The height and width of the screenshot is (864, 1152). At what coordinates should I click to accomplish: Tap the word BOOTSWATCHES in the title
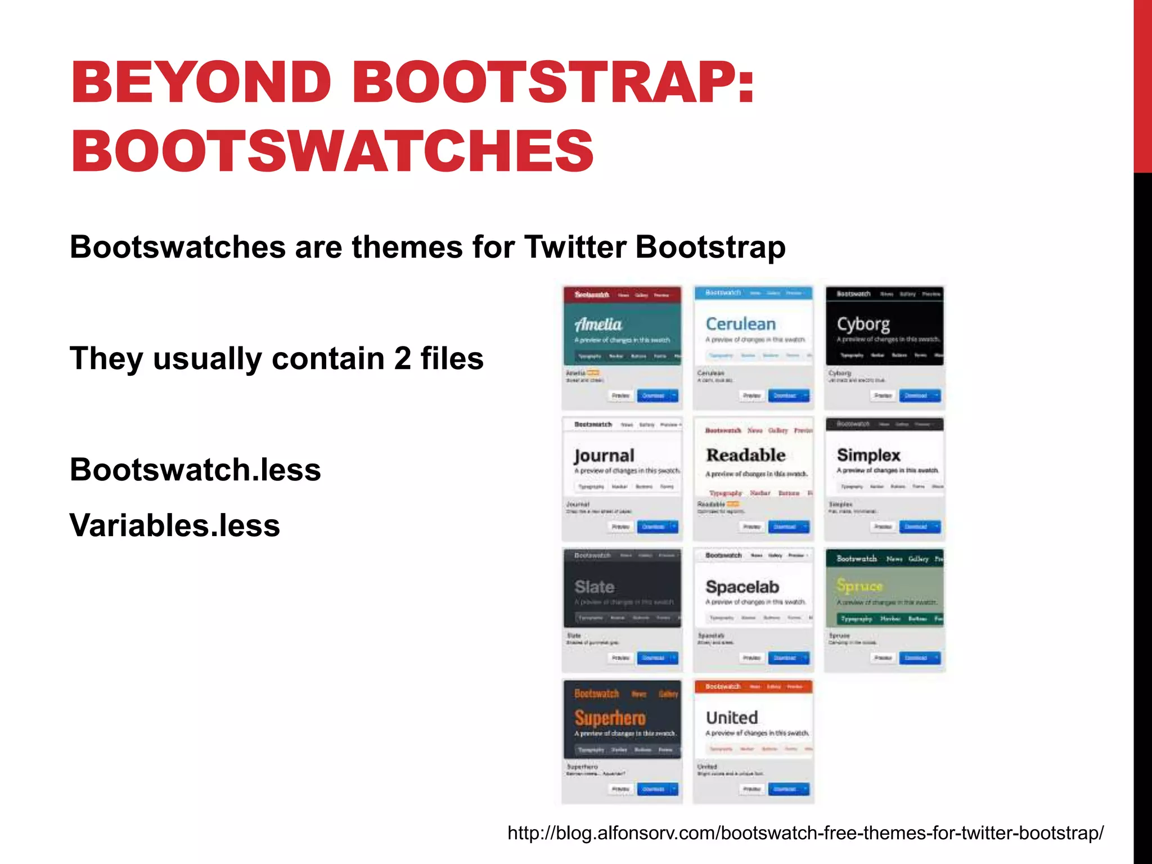pyautogui.click(x=332, y=150)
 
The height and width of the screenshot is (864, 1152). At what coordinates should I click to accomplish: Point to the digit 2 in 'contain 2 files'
pyautogui.click(x=402, y=358)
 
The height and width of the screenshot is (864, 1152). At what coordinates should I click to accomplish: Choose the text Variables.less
pyautogui.click(x=174, y=525)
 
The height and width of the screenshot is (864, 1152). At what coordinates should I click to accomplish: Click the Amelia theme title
pyautogui.click(x=598, y=325)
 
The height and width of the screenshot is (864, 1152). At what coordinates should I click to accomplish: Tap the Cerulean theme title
pyautogui.click(x=740, y=324)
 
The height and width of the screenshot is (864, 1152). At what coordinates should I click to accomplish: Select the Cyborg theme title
pyautogui.click(x=863, y=325)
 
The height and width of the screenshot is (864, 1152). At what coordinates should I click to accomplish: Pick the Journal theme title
pyautogui.click(x=604, y=456)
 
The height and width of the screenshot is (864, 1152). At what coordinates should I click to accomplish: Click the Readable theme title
pyautogui.click(x=746, y=454)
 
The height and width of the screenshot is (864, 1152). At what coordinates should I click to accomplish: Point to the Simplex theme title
pyautogui.click(x=868, y=455)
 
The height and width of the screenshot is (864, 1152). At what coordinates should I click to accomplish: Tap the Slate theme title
pyautogui.click(x=595, y=587)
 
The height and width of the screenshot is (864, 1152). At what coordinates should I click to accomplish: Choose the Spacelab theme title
pyautogui.click(x=742, y=587)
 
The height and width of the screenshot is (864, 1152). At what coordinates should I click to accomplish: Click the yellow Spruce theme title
pyautogui.click(x=859, y=586)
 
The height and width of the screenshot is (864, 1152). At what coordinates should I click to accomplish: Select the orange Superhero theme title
pyautogui.click(x=610, y=718)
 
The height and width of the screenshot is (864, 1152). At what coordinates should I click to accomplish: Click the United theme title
pyautogui.click(x=732, y=718)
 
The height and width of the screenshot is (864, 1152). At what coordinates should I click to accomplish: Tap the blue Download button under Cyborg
pyautogui.click(x=915, y=395)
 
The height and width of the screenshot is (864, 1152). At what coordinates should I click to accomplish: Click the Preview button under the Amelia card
pyautogui.click(x=620, y=395)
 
